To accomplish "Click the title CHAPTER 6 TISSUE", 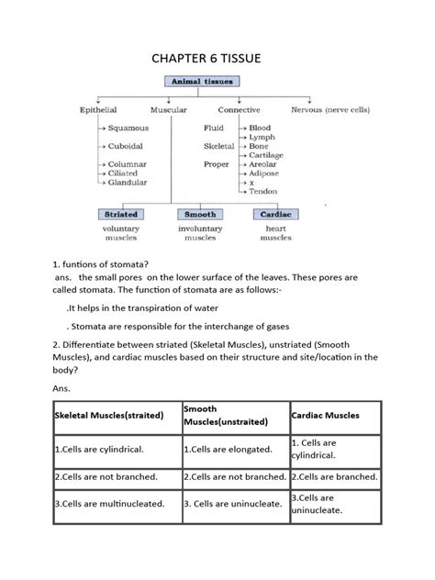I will click(217, 60).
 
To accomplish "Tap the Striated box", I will click(117, 214).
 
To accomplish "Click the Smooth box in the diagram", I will click(200, 214).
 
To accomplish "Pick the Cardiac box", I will click(276, 214).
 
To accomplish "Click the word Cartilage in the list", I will click(267, 155).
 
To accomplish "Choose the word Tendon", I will click(263, 191).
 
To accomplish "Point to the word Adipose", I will click(265, 173).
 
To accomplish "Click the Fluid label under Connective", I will click(214, 128).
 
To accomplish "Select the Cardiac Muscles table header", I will click(326, 415).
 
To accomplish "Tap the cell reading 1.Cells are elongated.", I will click(229, 449).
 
